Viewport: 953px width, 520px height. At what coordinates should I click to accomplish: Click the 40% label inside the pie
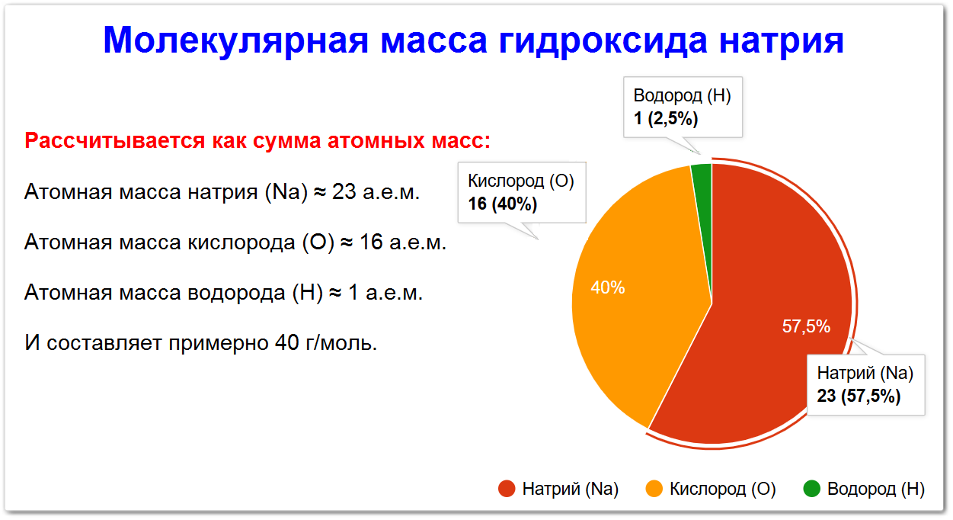(x=608, y=287)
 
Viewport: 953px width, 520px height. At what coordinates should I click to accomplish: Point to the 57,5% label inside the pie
(x=806, y=326)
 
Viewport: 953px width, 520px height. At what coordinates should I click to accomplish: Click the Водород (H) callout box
(x=683, y=107)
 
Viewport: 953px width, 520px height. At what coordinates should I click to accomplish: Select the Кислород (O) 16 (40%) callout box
(x=522, y=192)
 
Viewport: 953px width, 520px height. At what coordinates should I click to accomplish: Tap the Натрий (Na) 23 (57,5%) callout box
(x=866, y=384)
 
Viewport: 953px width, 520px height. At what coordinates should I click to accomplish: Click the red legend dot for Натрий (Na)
(x=507, y=489)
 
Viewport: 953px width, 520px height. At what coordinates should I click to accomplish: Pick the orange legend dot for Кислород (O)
(x=654, y=489)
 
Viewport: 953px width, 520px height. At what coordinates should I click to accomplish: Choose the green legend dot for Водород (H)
(x=812, y=489)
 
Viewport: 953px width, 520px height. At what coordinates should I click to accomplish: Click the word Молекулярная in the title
(x=235, y=41)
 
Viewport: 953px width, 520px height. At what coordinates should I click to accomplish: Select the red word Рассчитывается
(x=115, y=140)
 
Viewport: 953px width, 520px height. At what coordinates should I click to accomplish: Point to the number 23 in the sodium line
(x=344, y=191)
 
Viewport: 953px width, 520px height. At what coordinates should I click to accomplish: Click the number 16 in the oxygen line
(x=371, y=242)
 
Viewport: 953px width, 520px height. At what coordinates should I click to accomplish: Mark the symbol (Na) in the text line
(x=286, y=192)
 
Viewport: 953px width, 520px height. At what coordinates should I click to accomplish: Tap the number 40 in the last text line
(x=286, y=342)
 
